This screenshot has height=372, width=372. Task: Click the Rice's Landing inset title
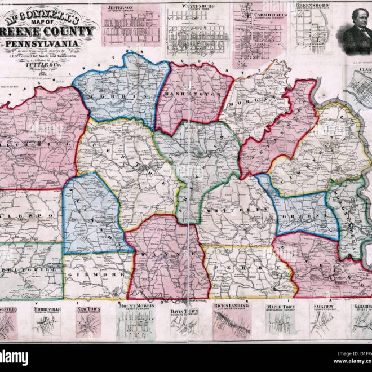coord(231,308)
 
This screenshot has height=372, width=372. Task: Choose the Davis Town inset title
coord(185,311)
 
